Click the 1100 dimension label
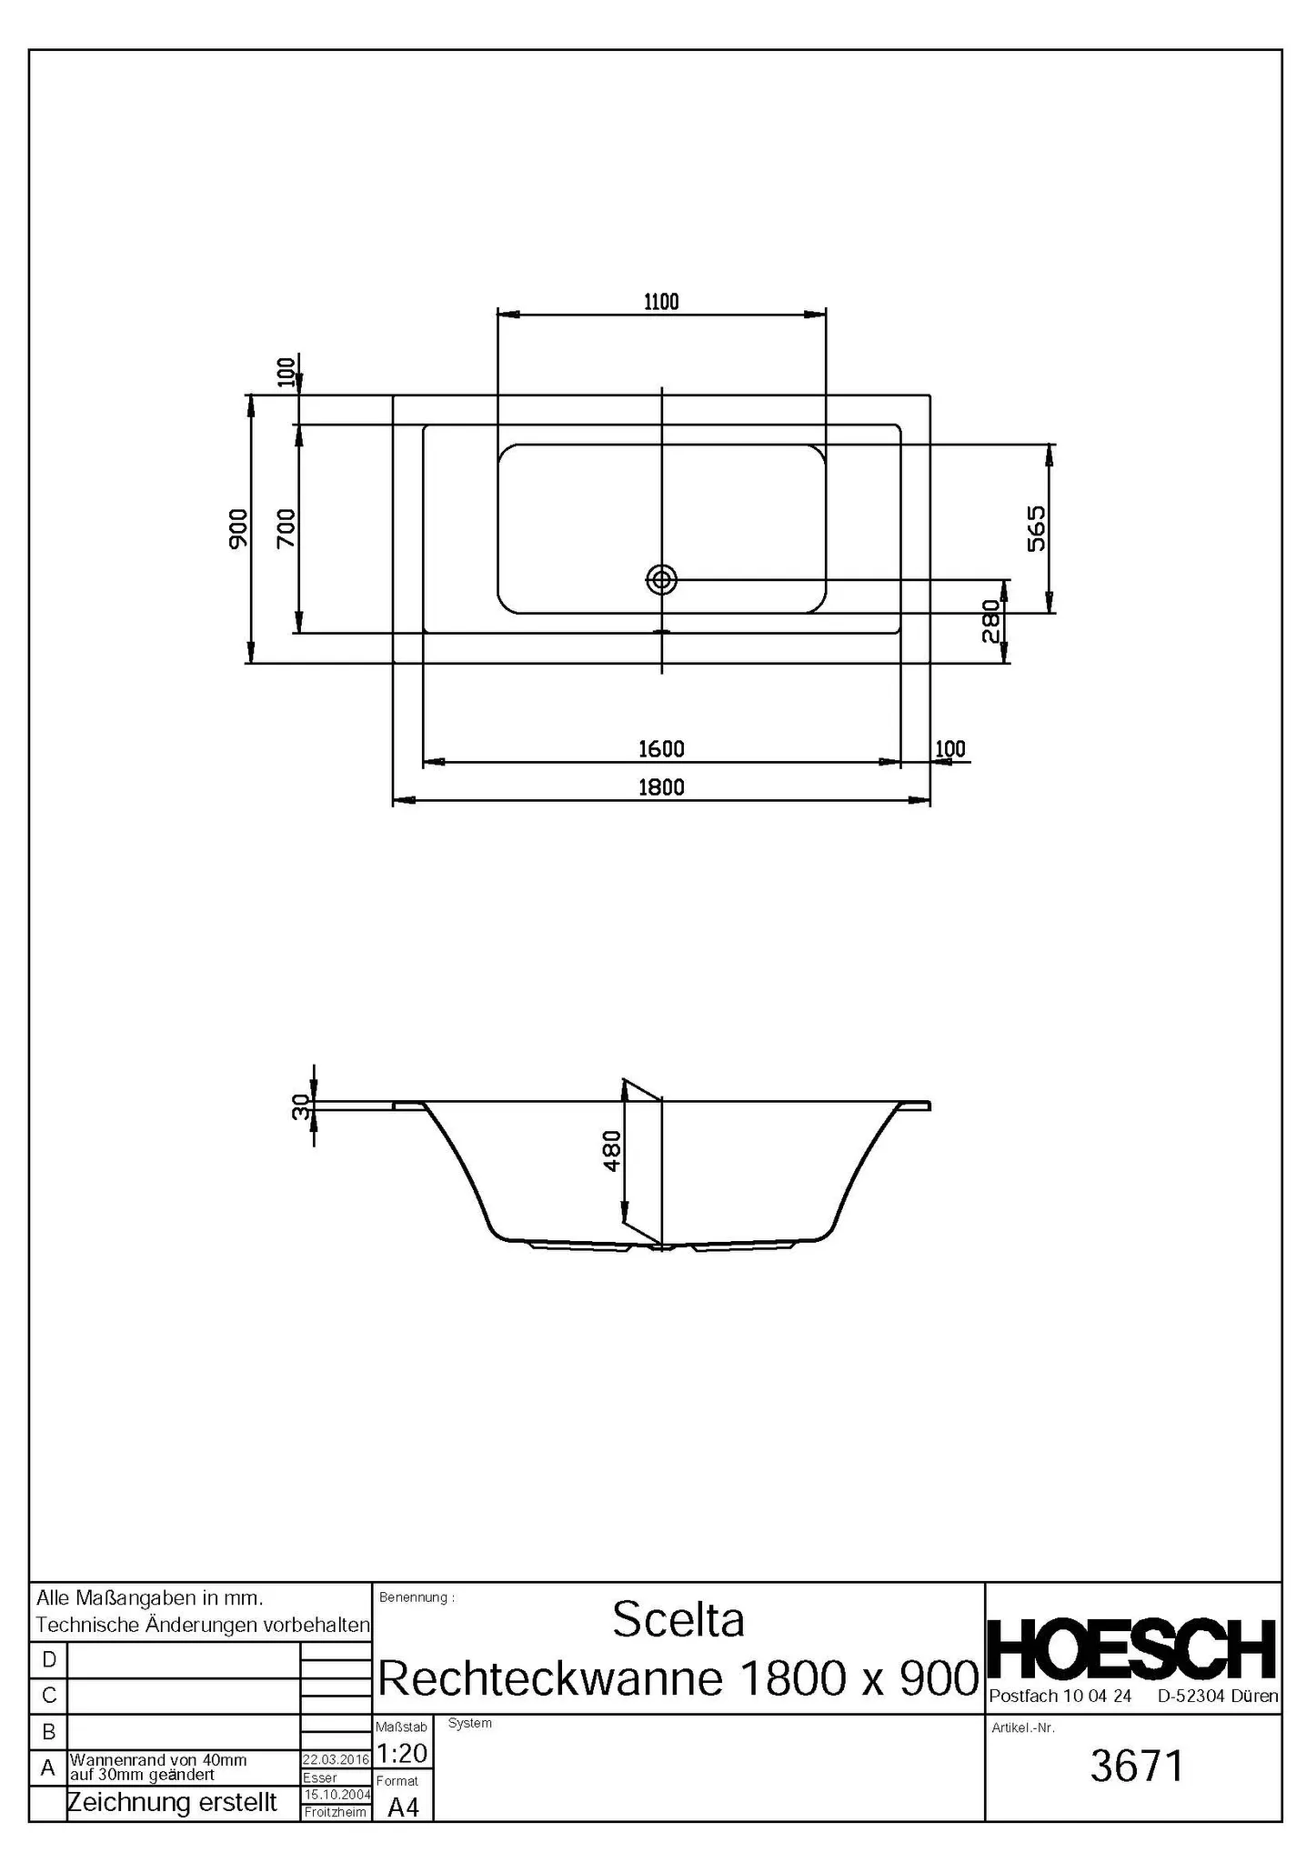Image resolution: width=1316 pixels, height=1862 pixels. pyautogui.click(x=661, y=302)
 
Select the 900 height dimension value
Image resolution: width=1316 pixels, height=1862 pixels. pyautogui.click(x=238, y=528)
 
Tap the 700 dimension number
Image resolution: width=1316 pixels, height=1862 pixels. pyautogui.click(x=286, y=528)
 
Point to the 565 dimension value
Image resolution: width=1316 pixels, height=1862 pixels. pyautogui.click(x=1036, y=528)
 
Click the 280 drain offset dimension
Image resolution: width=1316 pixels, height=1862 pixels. pyautogui.click(x=991, y=621)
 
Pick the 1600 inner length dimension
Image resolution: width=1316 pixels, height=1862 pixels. pyautogui.click(x=661, y=748)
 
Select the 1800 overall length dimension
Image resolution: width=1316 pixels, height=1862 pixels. pyautogui.click(x=661, y=786)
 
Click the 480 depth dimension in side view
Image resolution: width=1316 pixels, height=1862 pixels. pyautogui.click(x=612, y=1150)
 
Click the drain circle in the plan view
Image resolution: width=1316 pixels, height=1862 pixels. pyautogui.click(x=661, y=578)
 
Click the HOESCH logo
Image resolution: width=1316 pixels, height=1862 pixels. pyautogui.click(x=1131, y=1649)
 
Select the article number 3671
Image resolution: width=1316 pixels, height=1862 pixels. pyautogui.click(x=1137, y=1766)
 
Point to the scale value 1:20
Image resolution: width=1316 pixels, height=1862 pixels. pyautogui.click(x=401, y=1752)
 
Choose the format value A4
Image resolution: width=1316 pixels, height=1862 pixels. pyautogui.click(x=403, y=1807)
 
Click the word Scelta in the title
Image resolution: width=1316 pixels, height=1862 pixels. pyautogui.click(x=678, y=1620)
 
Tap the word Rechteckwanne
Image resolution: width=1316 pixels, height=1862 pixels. pyautogui.click(x=550, y=1678)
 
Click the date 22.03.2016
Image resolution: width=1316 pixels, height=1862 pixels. pyautogui.click(x=336, y=1759)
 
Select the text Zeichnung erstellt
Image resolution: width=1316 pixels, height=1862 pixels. pyautogui.click(x=173, y=1802)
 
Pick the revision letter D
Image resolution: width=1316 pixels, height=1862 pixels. pyautogui.click(x=49, y=1660)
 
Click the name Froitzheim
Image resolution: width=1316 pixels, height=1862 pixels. pyautogui.click(x=336, y=1812)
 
